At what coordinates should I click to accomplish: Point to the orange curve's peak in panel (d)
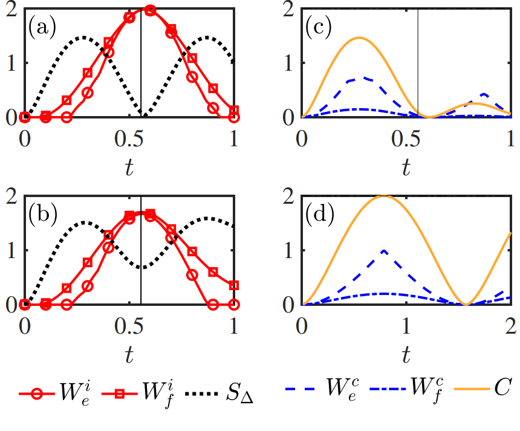[x=383, y=196]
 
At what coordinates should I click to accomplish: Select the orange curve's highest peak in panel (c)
[x=359, y=37]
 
